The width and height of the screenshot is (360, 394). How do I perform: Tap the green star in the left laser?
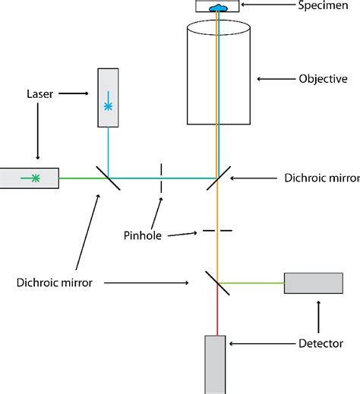(34, 178)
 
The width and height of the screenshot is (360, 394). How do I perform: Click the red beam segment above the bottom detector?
(216, 315)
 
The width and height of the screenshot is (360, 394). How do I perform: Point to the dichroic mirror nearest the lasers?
(108, 178)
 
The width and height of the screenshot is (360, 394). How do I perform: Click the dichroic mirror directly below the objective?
(218, 178)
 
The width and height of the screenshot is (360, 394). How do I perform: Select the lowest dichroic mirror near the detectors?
(217, 282)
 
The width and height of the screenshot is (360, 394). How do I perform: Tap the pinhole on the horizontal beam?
(160, 178)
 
